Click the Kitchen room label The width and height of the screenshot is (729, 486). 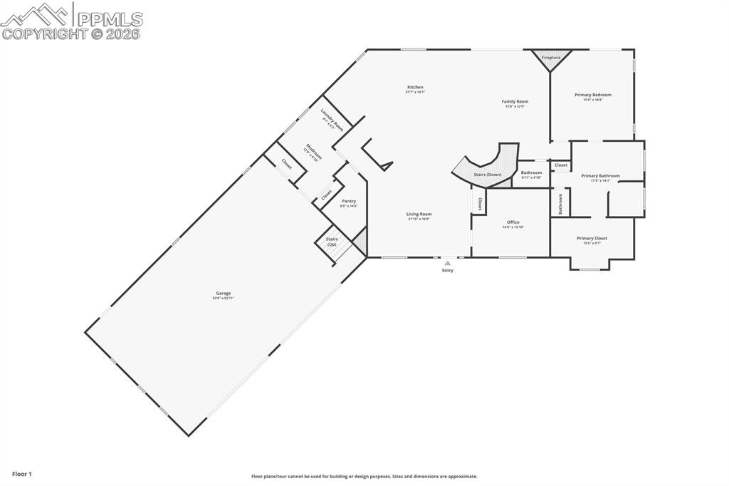414,88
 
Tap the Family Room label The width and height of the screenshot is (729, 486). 515,102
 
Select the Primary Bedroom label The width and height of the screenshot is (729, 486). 592,95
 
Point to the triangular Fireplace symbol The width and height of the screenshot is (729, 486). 551,59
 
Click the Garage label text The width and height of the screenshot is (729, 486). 224,293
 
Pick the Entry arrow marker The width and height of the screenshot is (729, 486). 447,263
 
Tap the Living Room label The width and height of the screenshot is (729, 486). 419,214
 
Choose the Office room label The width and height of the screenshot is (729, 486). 513,222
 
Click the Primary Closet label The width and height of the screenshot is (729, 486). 592,239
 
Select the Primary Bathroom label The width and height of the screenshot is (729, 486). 600,176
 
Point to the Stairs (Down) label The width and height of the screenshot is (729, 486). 488,175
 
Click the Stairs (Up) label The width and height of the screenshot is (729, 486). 332,242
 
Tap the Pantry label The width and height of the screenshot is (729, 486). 349,201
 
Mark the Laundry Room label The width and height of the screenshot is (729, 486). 332,120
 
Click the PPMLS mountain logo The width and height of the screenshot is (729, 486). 36,14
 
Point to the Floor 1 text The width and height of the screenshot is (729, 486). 22,473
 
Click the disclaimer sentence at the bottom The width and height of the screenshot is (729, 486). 364,476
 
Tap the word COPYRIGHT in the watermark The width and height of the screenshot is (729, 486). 45,33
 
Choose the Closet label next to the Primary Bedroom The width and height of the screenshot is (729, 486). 561,165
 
